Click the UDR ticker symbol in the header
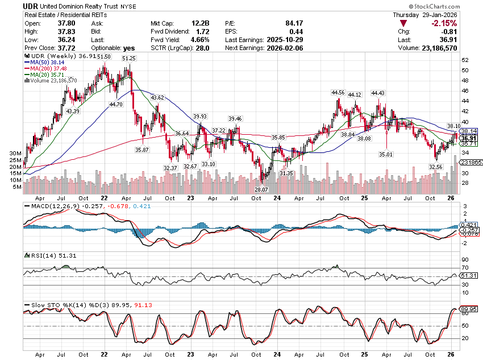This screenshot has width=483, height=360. coord(31,6)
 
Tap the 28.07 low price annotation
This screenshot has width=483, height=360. coord(261,189)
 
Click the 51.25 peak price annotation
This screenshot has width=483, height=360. coord(129,58)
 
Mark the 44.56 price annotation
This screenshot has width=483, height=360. coord(338,92)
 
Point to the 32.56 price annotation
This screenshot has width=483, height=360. coord(435,167)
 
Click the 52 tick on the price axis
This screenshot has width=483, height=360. coord(464,60)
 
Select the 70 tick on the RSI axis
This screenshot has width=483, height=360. coord(464,267)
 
